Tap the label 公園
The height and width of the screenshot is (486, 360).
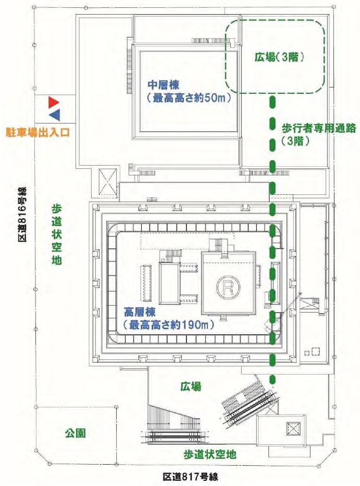pyautogui.click(x=75, y=433)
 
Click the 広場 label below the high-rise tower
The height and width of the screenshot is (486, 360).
pyautogui.click(x=191, y=387)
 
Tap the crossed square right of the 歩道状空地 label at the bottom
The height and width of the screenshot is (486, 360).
pyautogui.click(x=293, y=429)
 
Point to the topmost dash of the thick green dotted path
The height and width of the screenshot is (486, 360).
pyautogui.click(x=271, y=102)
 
